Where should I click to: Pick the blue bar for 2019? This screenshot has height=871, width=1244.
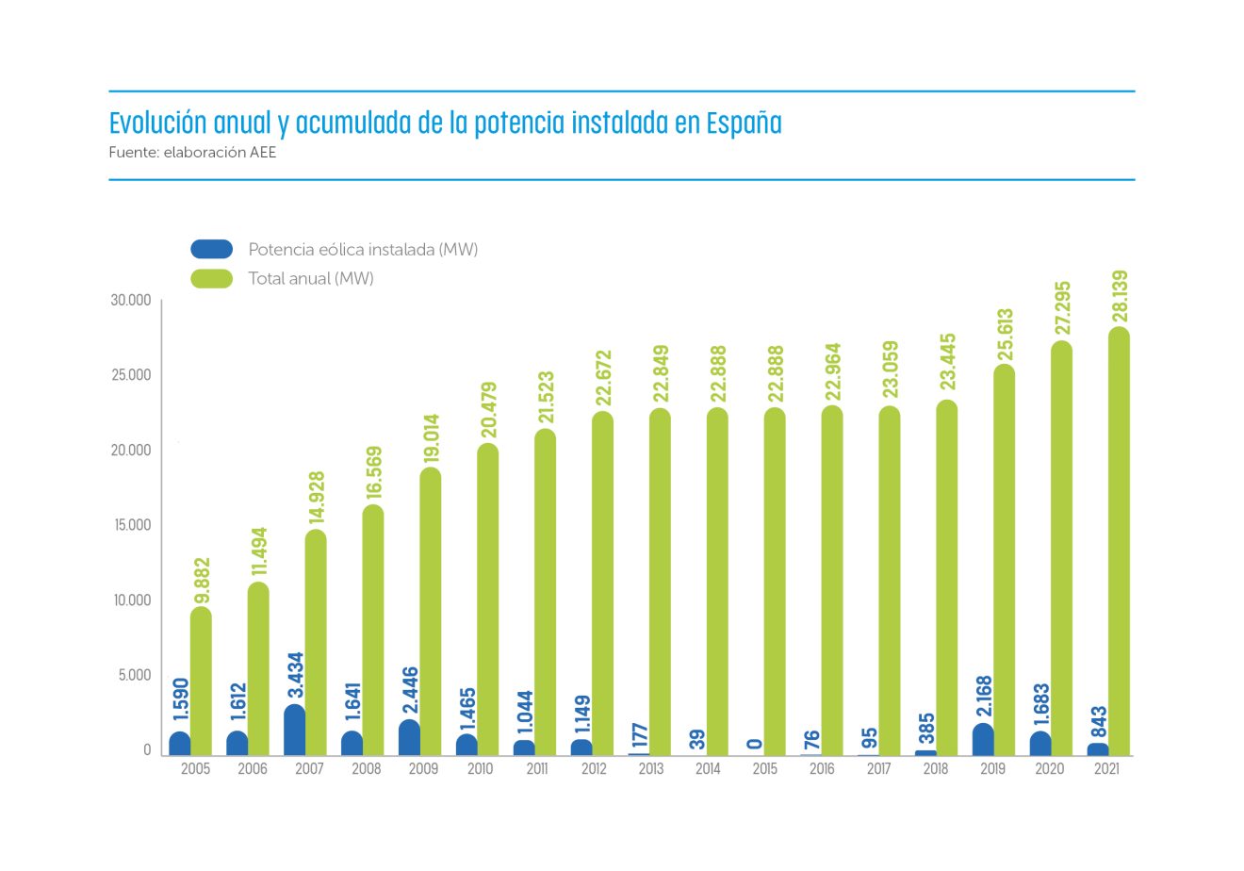click(983, 740)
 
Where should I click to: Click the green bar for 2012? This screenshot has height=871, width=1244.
click(602, 584)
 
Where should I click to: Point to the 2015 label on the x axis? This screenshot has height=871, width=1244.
click(765, 769)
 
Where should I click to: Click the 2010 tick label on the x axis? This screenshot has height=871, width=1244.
click(480, 769)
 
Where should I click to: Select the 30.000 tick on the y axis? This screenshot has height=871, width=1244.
click(130, 301)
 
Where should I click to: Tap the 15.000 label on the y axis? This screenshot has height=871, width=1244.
click(132, 525)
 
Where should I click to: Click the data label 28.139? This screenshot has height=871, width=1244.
click(1120, 297)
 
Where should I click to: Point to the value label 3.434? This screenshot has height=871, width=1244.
click(295, 676)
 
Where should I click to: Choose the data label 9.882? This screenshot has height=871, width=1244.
click(202, 581)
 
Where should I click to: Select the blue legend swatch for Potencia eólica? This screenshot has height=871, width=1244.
click(211, 250)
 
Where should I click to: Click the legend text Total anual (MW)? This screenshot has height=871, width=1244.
click(311, 279)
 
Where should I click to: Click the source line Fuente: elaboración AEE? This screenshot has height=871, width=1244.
click(192, 152)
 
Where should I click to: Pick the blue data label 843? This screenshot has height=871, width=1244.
click(1098, 723)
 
